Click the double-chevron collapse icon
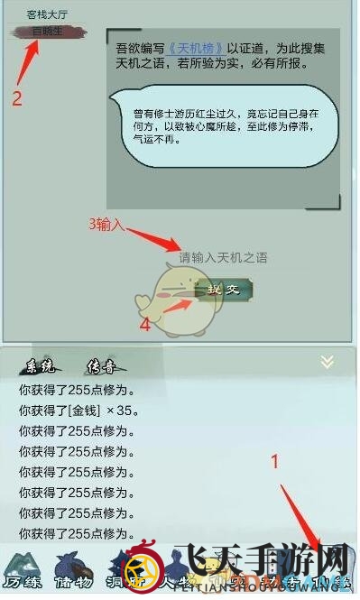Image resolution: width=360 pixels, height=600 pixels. point(328,362)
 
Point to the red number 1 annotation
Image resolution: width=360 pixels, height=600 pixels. point(276,460)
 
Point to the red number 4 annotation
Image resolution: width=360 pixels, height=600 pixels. point(145,325)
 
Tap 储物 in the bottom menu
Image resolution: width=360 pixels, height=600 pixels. point(74,581)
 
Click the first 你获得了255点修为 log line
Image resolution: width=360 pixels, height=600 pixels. point(76,391)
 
